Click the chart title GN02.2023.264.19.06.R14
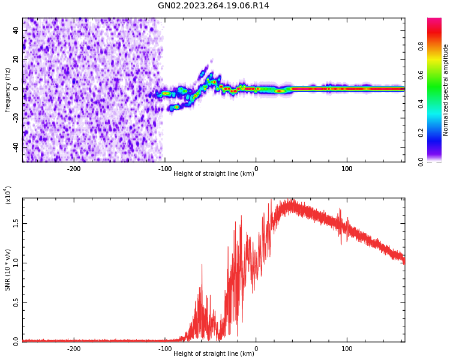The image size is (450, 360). pyautogui.click(x=214, y=6)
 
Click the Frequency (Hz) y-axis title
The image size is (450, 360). pyautogui.click(x=8, y=89)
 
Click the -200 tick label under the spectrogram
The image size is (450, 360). pyautogui.click(x=74, y=169)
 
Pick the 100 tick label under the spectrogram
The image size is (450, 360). pyautogui.click(x=347, y=169)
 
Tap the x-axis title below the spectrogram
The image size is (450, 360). pyautogui.click(x=214, y=174)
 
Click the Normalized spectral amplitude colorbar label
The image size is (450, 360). pyautogui.click(x=446, y=89)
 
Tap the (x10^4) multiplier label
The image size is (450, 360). pyautogui.click(x=8, y=195)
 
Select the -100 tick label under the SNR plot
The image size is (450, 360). pyautogui.click(x=165, y=349)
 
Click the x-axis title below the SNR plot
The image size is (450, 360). pyautogui.click(x=214, y=354)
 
